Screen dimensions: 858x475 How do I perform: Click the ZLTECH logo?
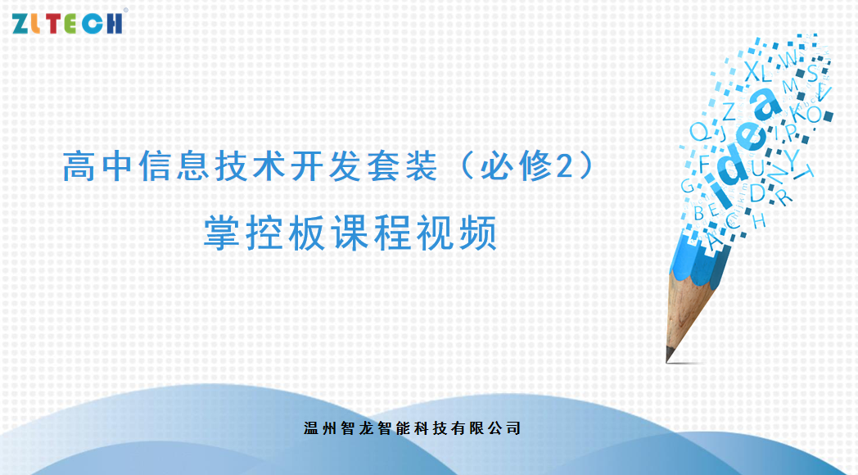[67, 23]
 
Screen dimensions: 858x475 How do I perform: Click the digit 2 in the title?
[565, 165]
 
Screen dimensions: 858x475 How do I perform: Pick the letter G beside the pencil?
[687, 186]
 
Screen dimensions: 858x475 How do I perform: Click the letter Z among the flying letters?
[729, 111]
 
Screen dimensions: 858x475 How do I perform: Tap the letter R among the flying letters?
[784, 196]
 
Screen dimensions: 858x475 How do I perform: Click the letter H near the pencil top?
[760, 221]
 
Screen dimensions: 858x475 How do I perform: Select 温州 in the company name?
[319, 428]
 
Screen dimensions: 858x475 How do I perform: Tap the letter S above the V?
[813, 73]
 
